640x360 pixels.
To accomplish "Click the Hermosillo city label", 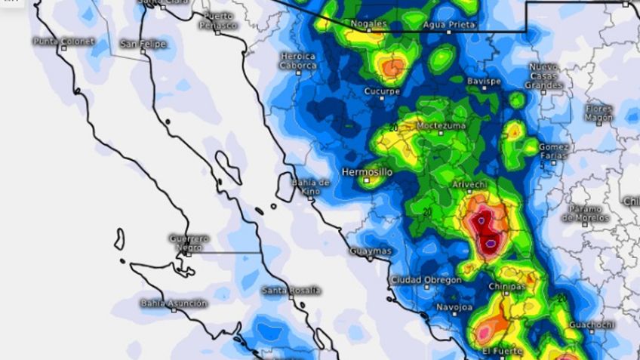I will tap(367, 172).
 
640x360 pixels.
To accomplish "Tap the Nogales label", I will tap(368, 24).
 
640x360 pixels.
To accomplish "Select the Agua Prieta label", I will tap(449, 24).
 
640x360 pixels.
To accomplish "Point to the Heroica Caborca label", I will tap(297, 60).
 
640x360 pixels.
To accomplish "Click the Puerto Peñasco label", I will tap(219, 20).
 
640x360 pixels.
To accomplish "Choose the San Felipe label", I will tap(143, 44).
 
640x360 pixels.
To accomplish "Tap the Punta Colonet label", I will tap(64, 41).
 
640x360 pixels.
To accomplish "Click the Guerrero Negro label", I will tap(189, 242).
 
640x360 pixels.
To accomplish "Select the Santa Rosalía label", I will tap(291, 291).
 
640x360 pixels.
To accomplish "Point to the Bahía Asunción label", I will tap(174, 303).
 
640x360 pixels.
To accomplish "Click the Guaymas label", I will tap(371, 251).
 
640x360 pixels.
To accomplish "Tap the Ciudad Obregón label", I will tap(426, 280).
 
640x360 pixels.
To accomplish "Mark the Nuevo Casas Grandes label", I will tap(545, 75).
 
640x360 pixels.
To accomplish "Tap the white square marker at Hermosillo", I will tap(367, 180).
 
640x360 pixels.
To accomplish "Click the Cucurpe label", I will tap(381, 91).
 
